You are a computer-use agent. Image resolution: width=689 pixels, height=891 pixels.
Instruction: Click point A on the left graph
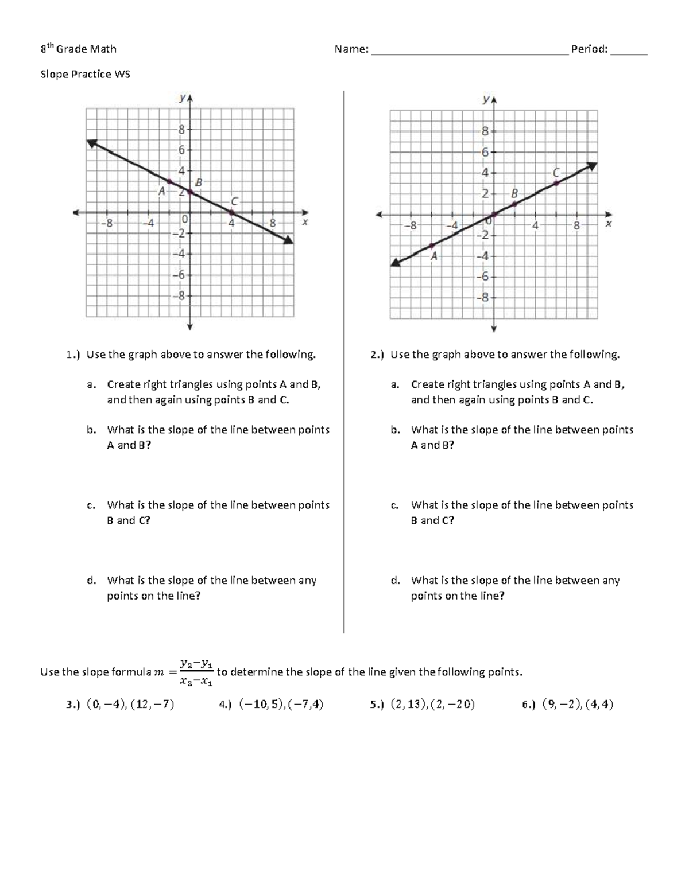tap(169, 181)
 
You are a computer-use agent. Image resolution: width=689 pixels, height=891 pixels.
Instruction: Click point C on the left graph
tap(231, 213)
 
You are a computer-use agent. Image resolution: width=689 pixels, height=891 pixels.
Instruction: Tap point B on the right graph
tap(514, 204)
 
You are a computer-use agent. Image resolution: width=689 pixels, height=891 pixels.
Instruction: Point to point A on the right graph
tap(431, 246)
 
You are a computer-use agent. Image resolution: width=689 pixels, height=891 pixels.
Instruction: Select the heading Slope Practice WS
tap(85, 74)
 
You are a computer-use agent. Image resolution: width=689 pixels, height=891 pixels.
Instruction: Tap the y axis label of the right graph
tap(486, 100)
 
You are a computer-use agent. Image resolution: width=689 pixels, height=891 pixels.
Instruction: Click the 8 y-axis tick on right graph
tap(485, 131)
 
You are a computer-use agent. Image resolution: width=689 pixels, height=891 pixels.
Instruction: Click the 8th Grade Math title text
tap(78, 49)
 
